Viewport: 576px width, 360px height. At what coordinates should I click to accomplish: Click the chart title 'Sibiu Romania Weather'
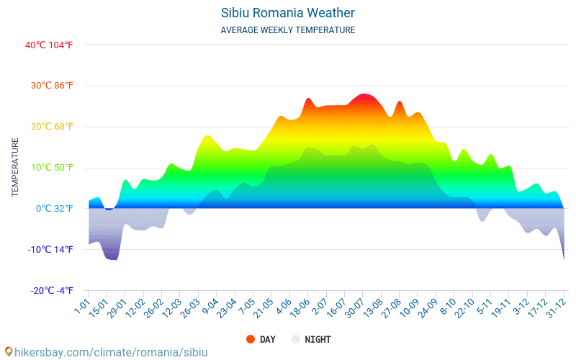point(287,13)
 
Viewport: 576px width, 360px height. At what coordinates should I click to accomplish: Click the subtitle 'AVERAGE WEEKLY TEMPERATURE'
point(287,30)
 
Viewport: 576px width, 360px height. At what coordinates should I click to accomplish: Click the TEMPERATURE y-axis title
point(15,168)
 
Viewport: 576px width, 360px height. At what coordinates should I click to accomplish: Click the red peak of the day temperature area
point(365,96)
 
